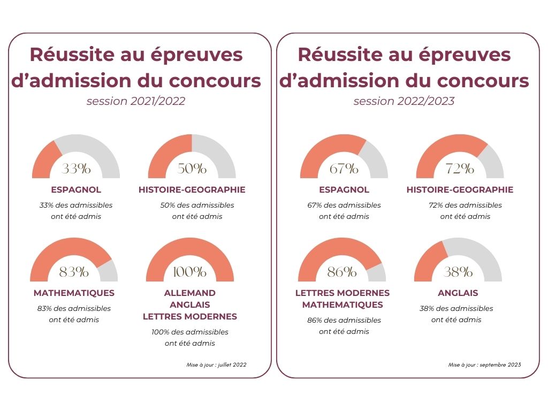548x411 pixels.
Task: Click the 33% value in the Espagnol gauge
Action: click(76, 169)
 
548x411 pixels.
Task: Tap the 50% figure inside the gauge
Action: click(192, 169)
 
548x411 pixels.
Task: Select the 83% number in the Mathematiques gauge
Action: click(74, 272)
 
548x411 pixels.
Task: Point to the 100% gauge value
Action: click(189, 272)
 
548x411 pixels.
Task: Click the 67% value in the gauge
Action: click(344, 169)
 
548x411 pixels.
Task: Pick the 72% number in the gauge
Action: click(460, 169)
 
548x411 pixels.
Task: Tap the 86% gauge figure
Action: click(341, 272)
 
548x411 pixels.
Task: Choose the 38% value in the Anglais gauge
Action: click(458, 272)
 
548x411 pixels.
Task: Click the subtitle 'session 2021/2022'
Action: click(136, 101)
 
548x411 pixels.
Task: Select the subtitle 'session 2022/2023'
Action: click(404, 101)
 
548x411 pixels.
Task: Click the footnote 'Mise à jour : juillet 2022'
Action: click(217, 365)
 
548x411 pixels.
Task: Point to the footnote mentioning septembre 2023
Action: click(484, 365)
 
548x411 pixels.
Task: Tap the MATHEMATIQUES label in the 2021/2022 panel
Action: click(74, 293)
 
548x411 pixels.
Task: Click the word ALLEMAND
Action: click(189, 293)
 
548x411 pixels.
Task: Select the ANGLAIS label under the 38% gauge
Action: click(458, 293)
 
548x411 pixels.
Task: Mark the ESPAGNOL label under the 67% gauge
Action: click(344, 189)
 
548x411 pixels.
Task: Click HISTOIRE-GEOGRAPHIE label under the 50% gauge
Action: click(192, 189)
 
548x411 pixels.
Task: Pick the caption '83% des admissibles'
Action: click(74, 308)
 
